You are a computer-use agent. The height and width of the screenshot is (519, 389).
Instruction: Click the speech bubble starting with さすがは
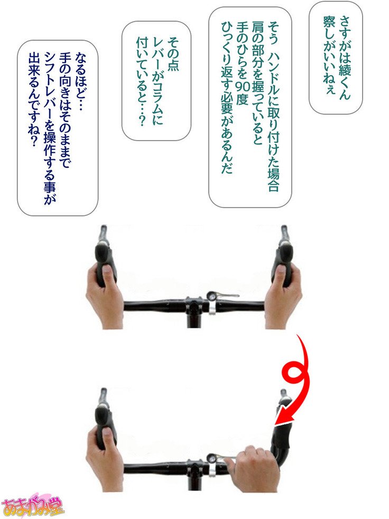point(335,58)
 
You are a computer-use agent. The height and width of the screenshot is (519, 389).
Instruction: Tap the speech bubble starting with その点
point(156,81)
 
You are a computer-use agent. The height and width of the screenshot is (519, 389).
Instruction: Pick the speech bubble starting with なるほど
point(58,128)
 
